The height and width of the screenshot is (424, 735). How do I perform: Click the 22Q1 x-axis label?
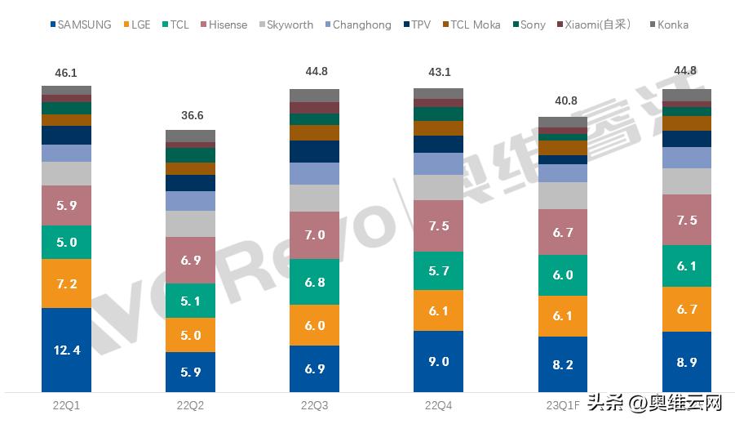point(66,404)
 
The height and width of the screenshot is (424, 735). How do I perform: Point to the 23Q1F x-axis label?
point(562,404)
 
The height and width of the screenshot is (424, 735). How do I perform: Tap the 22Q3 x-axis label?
point(314,404)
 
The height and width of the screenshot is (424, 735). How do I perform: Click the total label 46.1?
point(66,74)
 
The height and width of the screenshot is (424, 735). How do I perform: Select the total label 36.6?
point(190,116)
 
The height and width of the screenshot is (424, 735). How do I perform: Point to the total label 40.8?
point(562,101)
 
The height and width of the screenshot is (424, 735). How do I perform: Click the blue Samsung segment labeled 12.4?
point(66,350)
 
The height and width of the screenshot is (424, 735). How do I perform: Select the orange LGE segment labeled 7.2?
point(66,283)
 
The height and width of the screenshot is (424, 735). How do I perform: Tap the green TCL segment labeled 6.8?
point(314,282)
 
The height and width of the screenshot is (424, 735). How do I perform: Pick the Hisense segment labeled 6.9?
point(190,260)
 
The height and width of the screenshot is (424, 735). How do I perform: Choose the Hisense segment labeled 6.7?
point(562,233)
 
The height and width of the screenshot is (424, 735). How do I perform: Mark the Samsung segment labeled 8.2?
point(562,364)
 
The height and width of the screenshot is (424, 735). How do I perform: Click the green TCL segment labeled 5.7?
point(438,270)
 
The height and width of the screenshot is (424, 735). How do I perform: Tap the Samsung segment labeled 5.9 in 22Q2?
point(190,372)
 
